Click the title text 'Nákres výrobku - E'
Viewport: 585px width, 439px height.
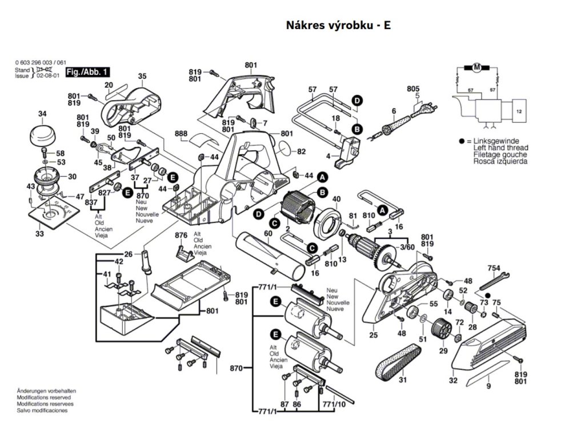coord(338,26)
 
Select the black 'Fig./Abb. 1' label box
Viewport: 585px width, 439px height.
coord(88,72)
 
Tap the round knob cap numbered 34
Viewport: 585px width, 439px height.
coord(43,137)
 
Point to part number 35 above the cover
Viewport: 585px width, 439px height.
coord(142,76)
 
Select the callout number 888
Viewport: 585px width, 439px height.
coord(181,134)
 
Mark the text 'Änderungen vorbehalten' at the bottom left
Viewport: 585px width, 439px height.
coord(46,390)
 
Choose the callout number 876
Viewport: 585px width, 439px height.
coord(181,236)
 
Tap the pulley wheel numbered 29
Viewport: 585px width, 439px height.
coord(442,331)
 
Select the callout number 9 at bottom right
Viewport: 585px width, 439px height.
coord(488,387)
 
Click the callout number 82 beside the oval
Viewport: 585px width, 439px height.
coord(301,151)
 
